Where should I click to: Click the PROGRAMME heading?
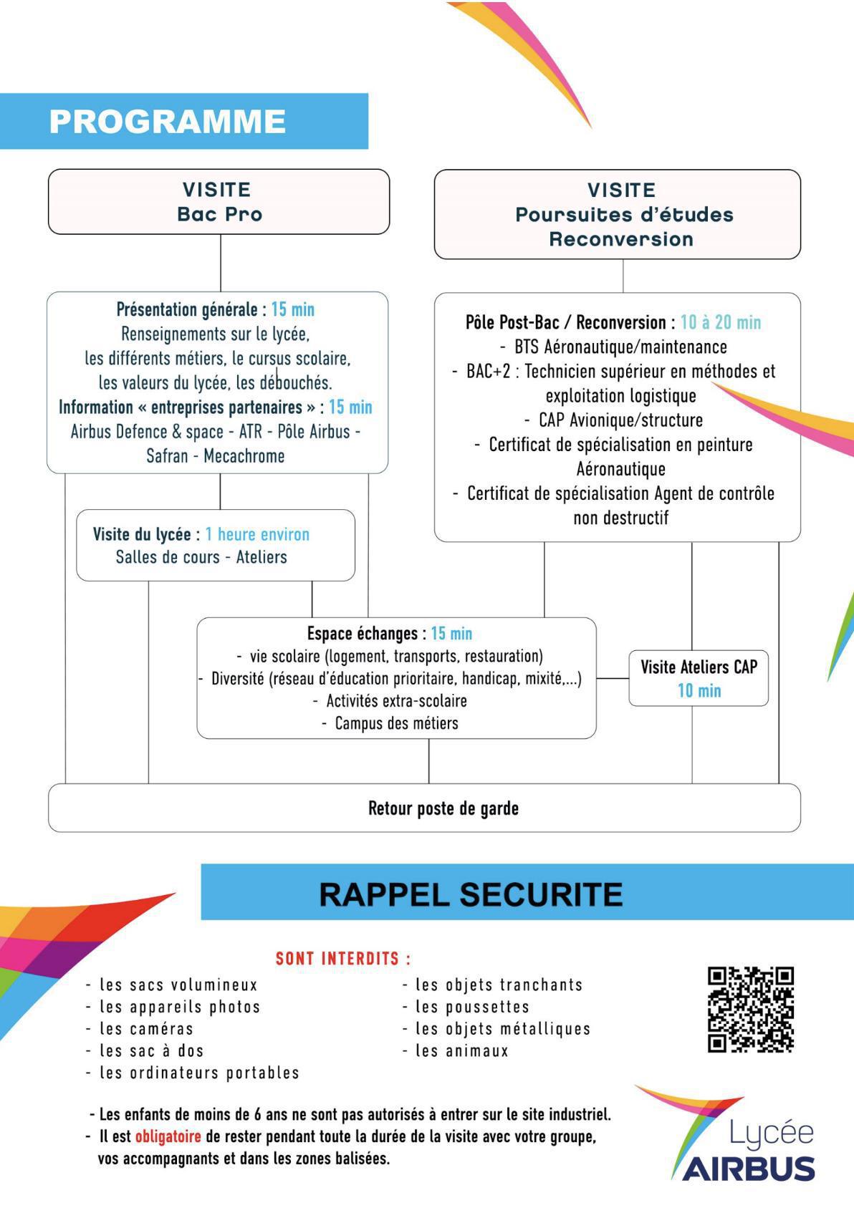(x=168, y=122)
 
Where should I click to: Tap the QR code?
(x=750, y=1009)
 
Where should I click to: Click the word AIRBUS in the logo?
(x=749, y=1169)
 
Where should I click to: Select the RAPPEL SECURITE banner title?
(x=471, y=894)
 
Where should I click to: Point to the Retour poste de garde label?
(x=443, y=808)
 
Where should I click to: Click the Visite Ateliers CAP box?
(x=699, y=677)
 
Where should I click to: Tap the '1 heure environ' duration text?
(x=257, y=534)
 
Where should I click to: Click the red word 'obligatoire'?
(x=168, y=1136)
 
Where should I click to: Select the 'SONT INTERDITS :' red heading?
(x=343, y=959)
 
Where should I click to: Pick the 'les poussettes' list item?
(x=472, y=1007)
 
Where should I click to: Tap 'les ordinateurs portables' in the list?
(x=199, y=1073)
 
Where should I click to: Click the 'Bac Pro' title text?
(x=219, y=214)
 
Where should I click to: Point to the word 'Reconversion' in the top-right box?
(x=621, y=239)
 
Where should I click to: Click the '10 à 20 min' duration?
(x=721, y=322)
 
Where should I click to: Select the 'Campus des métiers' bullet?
(x=396, y=723)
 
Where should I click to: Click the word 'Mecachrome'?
(x=244, y=456)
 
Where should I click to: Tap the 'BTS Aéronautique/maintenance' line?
(x=620, y=347)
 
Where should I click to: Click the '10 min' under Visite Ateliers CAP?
(x=699, y=691)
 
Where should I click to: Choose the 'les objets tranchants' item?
(x=499, y=985)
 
